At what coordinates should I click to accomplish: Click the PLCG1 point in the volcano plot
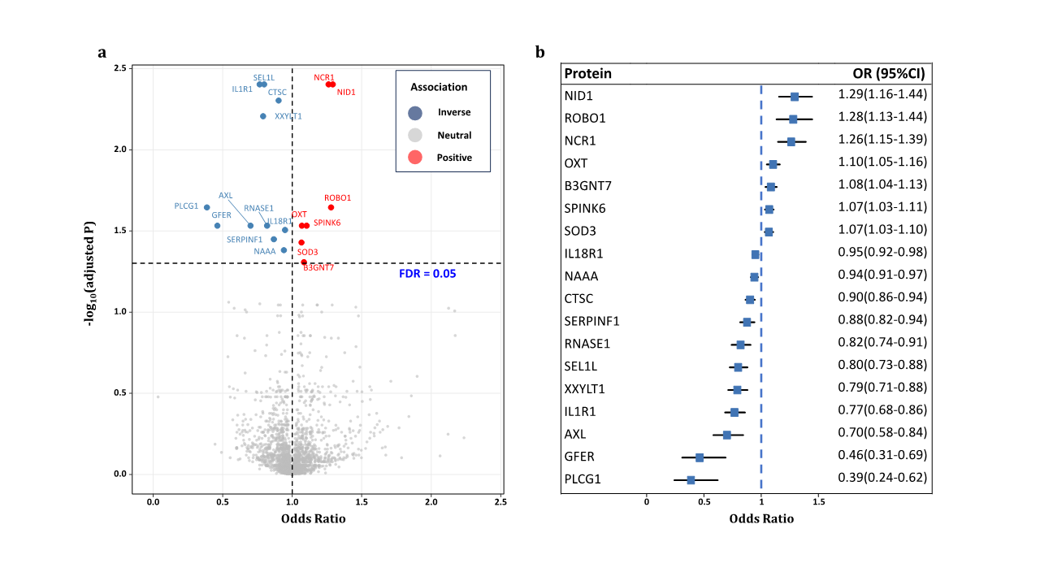coord(206,207)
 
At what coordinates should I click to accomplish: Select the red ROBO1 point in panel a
coord(331,207)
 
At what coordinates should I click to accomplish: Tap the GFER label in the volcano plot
coord(222,214)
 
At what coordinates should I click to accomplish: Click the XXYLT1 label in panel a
coord(288,116)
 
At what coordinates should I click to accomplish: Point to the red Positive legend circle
coord(415,157)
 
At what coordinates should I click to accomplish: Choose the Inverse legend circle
coord(415,112)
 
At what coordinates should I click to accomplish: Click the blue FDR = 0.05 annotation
coord(427,274)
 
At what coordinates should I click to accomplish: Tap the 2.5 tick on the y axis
coord(119,68)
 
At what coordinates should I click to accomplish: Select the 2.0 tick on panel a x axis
coord(431,502)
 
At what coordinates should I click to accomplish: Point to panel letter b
coord(539,53)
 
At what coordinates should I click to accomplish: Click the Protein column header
coord(587,74)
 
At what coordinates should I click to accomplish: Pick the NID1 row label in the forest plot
coord(578,96)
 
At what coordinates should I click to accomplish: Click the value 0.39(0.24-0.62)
coord(882,477)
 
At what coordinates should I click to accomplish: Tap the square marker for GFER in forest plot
coord(699,457)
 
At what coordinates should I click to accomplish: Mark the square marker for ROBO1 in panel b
coord(793,119)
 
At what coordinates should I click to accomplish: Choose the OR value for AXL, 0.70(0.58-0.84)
coord(882,432)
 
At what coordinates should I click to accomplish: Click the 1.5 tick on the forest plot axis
coord(819,500)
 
